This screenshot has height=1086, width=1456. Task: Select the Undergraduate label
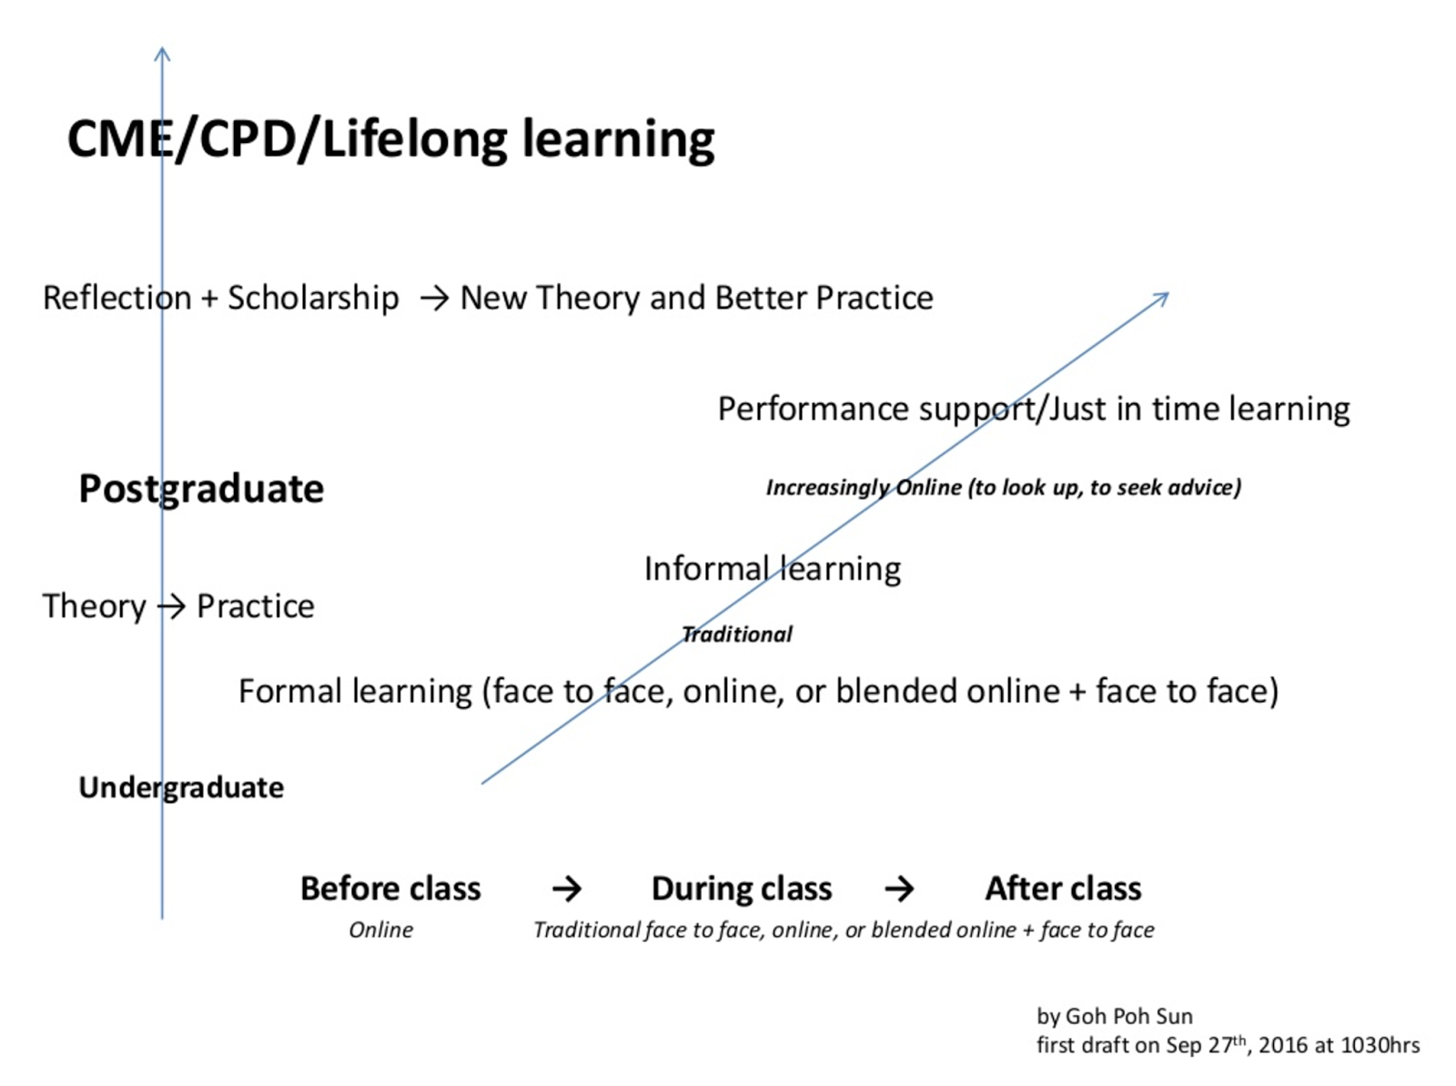pos(181,788)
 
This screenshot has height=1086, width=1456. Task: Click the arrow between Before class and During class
pos(567,889)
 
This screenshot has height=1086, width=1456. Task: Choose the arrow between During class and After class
pos(899,889)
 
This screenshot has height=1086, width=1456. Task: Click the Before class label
pos(390,889)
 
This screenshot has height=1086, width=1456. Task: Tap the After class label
pos(1063,889)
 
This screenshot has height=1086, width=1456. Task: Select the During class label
pos(742,889)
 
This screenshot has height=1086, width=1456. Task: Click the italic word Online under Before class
pos(380,930)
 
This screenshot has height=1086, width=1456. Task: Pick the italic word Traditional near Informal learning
pos(737,634)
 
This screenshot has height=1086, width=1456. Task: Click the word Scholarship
pos(313,298)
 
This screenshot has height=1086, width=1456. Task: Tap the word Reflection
pos(116,298)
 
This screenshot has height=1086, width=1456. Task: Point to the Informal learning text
pos(772,569)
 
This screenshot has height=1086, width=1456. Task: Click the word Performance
pos(813,409)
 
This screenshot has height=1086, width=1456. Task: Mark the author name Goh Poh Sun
pos(1129,1017)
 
